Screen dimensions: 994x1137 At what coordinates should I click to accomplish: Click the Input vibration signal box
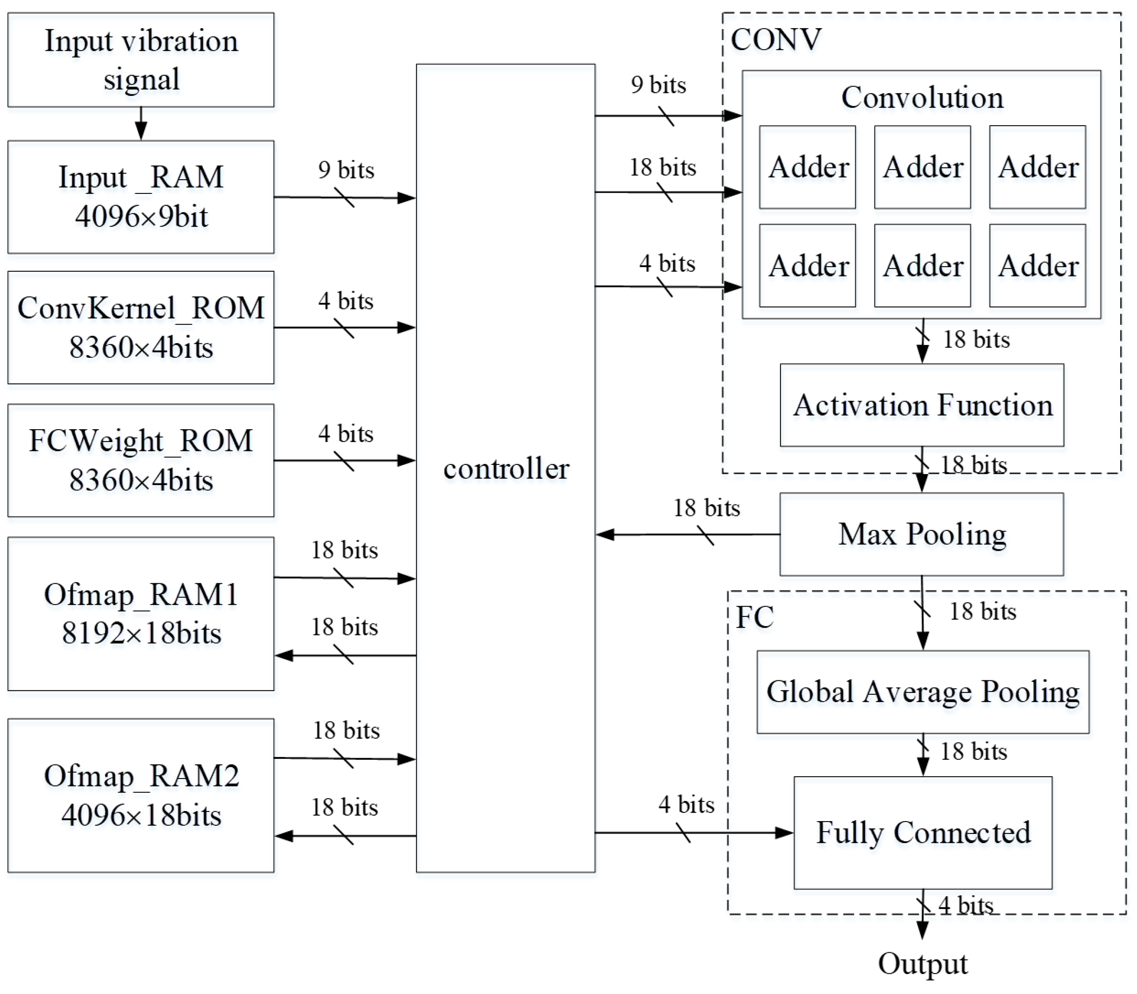point(140,60)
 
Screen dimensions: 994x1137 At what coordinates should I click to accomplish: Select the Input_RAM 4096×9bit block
point(140,197)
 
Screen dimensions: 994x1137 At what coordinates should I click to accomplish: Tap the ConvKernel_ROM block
point(140,327)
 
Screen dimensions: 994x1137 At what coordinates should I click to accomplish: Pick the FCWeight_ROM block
point(140,460)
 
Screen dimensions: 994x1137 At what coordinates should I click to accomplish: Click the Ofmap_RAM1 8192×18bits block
point(140,613)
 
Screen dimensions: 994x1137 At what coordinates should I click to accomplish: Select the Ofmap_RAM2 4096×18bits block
point(140,795)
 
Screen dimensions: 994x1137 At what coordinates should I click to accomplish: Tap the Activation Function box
point(922,405)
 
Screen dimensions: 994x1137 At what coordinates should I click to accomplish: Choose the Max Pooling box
point(922,534)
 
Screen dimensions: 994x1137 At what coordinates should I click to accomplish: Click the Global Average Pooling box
point(923,692)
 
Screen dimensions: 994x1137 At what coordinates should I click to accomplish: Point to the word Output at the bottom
point(922,964)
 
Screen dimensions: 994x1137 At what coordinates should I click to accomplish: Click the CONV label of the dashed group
point(775,40)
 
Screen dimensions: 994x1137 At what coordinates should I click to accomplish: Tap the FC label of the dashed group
point(754,617)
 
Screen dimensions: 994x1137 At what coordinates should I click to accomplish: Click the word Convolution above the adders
point(922,97)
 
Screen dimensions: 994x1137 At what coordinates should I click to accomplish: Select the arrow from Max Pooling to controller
point(688,535)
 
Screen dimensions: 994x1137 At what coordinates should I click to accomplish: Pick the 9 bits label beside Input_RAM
point(346,170)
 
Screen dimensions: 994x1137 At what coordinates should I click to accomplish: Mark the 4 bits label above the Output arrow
point(965,905)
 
